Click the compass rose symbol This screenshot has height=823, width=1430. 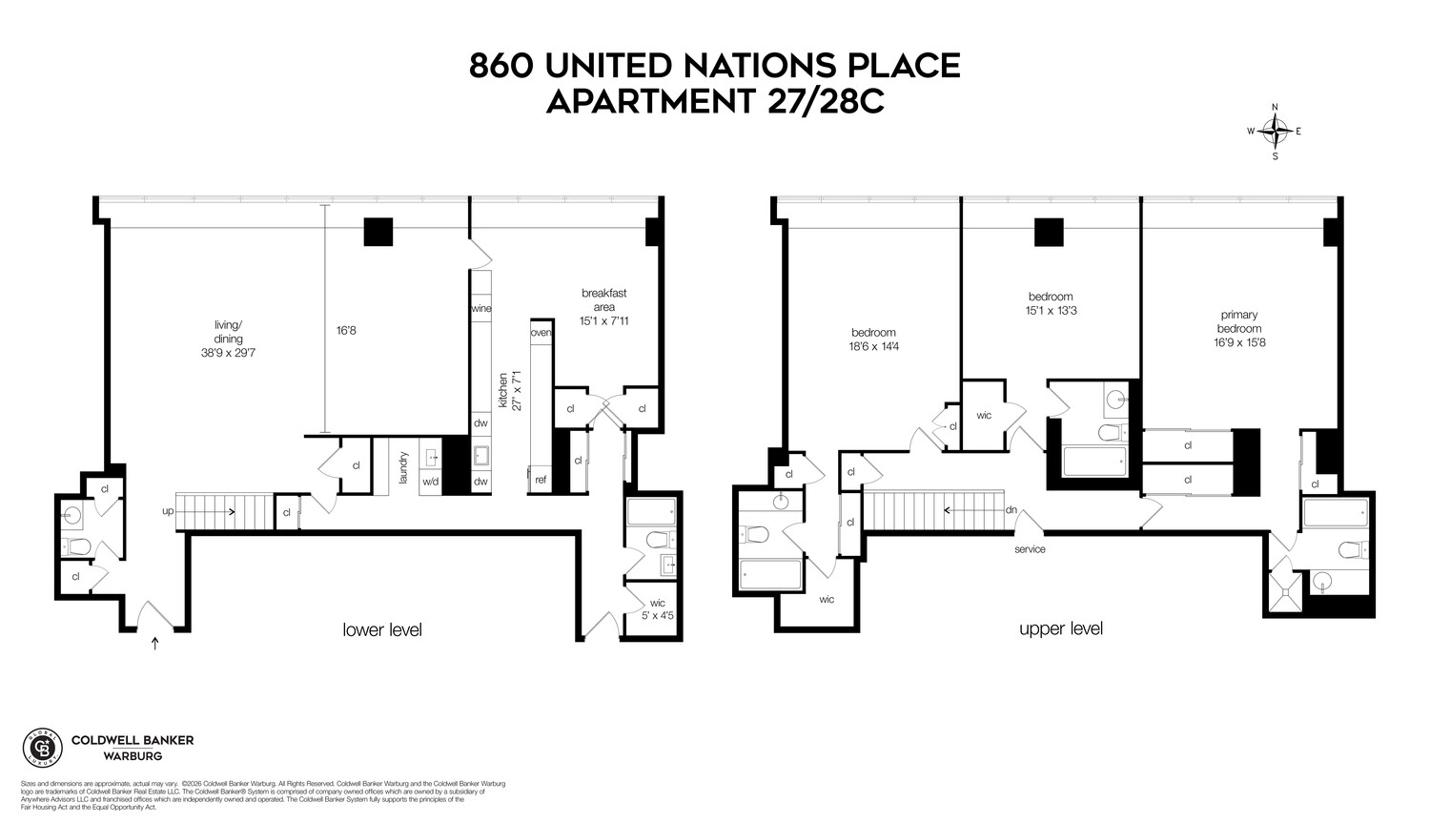click(1276, 132)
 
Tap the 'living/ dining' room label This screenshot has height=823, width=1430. click(228, 339)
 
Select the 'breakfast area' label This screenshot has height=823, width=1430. click(604, 307)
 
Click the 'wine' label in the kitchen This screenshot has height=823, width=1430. click(480, 309)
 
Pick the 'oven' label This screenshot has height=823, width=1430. click(541, 333)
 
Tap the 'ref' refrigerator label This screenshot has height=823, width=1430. click(541, 480)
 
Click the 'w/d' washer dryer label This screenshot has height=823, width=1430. click(430, 482)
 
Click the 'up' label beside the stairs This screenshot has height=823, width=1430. click(168, 511)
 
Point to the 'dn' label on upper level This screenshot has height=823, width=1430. click(1011, 510)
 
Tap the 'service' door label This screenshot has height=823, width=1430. click(1030, 549)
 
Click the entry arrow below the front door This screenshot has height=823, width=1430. click(155, 644)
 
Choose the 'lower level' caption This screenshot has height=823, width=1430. click(381, 630)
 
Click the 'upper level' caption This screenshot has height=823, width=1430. click(1060, 629)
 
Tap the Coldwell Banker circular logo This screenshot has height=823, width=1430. click(41, 748)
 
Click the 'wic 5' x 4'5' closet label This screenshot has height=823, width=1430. click(657, 609)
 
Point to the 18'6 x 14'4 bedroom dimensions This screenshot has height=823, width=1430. click(874, 346)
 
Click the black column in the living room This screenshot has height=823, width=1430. click(378, 232)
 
